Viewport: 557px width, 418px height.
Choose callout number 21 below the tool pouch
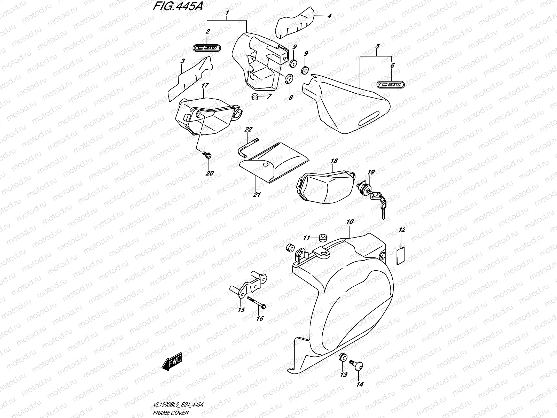coord(257,195)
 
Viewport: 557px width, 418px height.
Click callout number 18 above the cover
coord(334,161)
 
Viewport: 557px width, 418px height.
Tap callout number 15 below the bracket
coord(241,310)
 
